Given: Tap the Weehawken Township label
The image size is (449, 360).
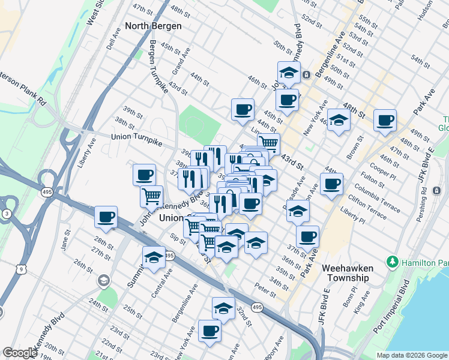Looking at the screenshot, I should click(348, 273).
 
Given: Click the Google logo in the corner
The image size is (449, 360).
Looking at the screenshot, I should click(20, 353).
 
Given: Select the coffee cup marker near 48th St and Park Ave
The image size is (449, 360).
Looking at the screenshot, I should click(385, 121).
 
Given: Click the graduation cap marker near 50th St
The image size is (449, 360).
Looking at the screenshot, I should click(289, 73).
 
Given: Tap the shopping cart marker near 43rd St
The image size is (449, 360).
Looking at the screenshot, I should click(268, 143).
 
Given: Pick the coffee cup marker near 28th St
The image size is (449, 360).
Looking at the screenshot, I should click(106, 217).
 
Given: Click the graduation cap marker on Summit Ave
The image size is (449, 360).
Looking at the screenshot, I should click(154, 257).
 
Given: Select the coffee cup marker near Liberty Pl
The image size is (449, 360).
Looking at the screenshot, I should click(331, 184).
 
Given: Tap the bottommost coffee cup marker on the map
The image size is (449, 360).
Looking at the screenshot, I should click(209, 331).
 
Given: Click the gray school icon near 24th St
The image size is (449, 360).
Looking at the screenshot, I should click(104, 280).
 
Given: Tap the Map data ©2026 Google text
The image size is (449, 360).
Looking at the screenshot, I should click(411, 355).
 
